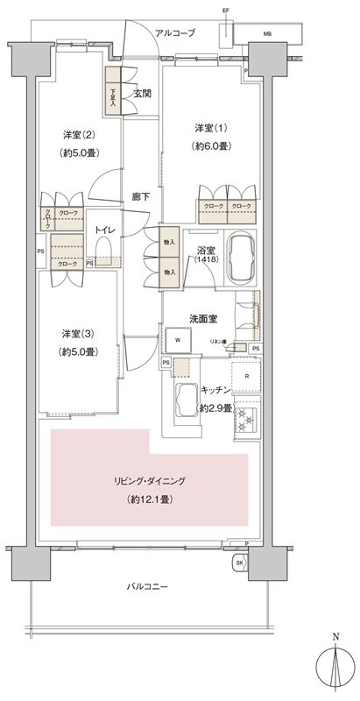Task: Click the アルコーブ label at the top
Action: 174,32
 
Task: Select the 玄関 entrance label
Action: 142,93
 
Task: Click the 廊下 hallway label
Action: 139,196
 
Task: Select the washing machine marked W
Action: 179,339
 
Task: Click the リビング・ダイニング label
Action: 149,482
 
